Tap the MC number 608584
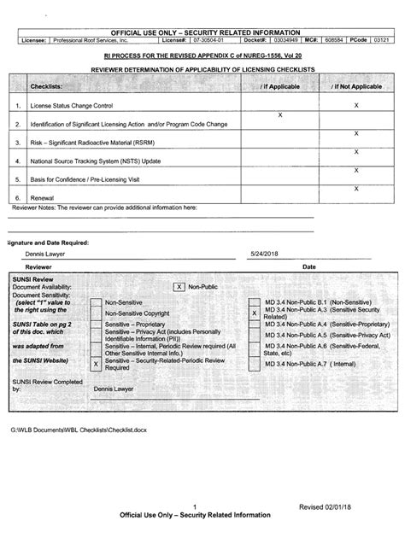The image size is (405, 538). click(x=335, y=39)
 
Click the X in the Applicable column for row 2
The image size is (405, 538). click(x=281, y=114)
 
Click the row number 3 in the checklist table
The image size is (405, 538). click(x=17, y=142)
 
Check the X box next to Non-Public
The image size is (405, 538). click(x=179, y=288)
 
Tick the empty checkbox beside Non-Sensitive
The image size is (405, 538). click(x=97, y=303)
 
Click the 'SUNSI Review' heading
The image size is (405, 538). click(x=33, y=279)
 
